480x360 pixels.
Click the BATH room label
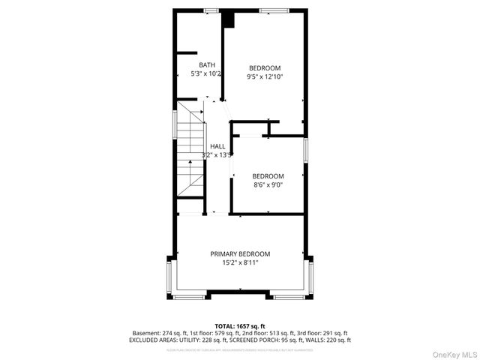click(x=206, y=65)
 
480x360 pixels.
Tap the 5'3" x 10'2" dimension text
click(x=206, y=74)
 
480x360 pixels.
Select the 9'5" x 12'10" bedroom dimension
click(x=265, y=76)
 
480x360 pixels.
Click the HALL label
click(x=217, y=146)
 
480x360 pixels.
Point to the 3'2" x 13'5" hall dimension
click(x=217, y=155)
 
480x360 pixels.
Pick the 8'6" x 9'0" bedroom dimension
click(x=268, y=184)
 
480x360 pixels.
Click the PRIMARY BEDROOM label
click(x=240, y=254)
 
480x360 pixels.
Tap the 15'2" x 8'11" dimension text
click(x=240, y=263)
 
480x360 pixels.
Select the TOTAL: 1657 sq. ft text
click(x=240, y=324)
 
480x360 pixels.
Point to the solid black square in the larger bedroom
click(x=229, y=19)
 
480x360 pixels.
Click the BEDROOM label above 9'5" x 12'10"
click(x=265, y=68)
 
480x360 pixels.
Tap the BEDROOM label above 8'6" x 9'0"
click(x=268, y=176)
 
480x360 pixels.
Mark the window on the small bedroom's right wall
click(x=305, y=150)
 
